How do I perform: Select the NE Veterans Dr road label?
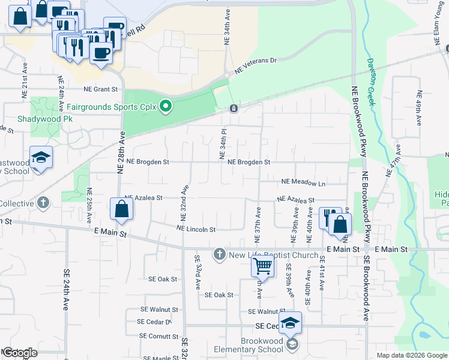tap(255, 66)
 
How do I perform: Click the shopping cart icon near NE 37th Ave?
tap(262, 265)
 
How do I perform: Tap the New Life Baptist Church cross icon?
tap(219, 254)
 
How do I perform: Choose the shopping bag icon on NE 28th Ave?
tap(121, 209)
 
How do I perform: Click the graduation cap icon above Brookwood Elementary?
tap(290, 323)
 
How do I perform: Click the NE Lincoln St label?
tap(196, 229)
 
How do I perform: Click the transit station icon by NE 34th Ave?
tap(234, 109)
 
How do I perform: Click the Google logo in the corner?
tap(20, 353)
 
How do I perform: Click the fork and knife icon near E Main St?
tap(329, 218)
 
